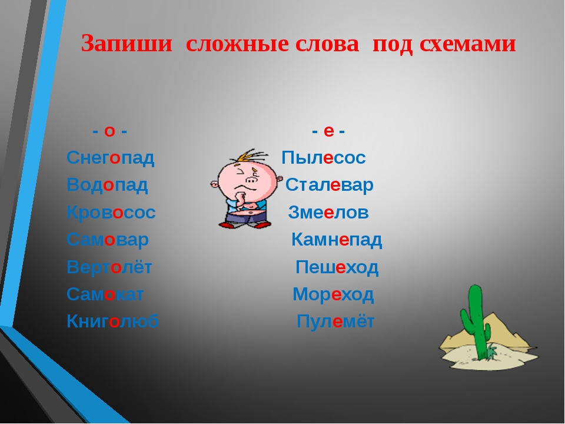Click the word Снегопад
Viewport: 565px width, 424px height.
(x=111, y=158)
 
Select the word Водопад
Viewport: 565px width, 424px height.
(x=107, y=185)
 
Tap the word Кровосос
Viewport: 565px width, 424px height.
(x=111, y=213)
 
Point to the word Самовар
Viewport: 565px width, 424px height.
(x=107, y=240)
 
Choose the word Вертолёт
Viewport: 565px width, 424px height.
(x=109, y=267)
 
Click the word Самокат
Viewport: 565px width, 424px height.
(x=105, y=294)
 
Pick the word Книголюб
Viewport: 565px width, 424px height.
(x=112, y=322)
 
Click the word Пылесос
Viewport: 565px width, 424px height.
(x=324, y=158)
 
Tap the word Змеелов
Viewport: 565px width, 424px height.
(x=328, y=213)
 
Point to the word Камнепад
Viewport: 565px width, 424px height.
(x=337, y=240)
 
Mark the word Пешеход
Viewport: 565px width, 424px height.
(x=337, y=267)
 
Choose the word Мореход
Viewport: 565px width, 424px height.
(x=333, y=294)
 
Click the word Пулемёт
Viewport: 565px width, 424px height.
(x=335, y=322)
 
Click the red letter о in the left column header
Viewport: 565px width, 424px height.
(x=109, y=131)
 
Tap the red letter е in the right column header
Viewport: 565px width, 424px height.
(x=328, y=131)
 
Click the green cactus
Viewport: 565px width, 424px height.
(x=476, y=321)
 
